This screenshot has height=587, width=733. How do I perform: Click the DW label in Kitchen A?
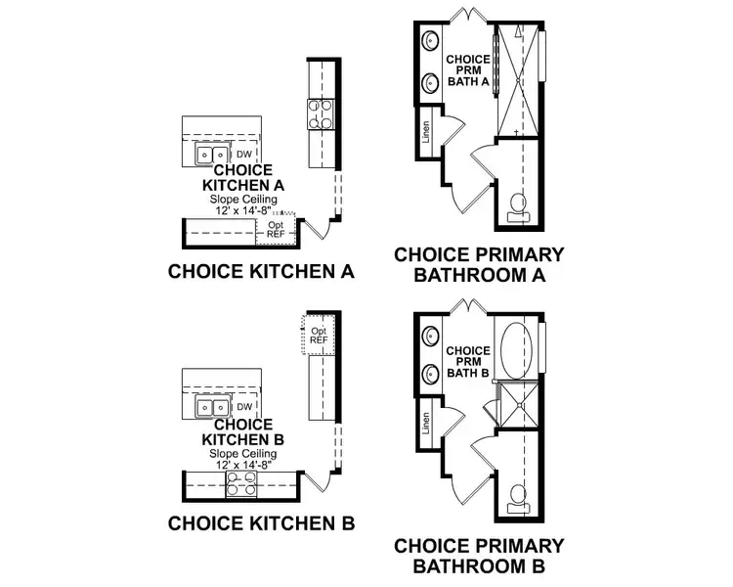[x=244, y=154]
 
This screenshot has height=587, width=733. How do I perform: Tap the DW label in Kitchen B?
[x=244, y=407]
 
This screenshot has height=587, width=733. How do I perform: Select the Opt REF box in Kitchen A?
[x=276, y=230]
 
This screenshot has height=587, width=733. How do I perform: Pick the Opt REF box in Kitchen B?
[x=319, y=336]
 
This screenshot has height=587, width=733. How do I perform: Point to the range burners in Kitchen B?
[x=241, y=482]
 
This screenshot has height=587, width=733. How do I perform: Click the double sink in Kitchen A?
[x=211, y=155]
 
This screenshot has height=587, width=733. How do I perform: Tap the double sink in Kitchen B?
[x=211, y=408]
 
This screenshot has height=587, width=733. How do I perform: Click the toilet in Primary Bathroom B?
[x=519, y=494]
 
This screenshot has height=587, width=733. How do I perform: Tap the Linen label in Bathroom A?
[x=426, y=132]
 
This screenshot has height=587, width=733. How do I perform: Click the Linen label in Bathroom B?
[x=426, y=423]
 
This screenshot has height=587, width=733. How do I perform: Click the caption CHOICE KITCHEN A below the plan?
[x=261, y=271]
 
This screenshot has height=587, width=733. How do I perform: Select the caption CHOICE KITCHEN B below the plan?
[x=261, y=522]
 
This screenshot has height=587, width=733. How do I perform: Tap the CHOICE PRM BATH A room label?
[x=468, y=70]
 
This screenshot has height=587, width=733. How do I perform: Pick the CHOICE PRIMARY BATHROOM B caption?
[x=478, y=555]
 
